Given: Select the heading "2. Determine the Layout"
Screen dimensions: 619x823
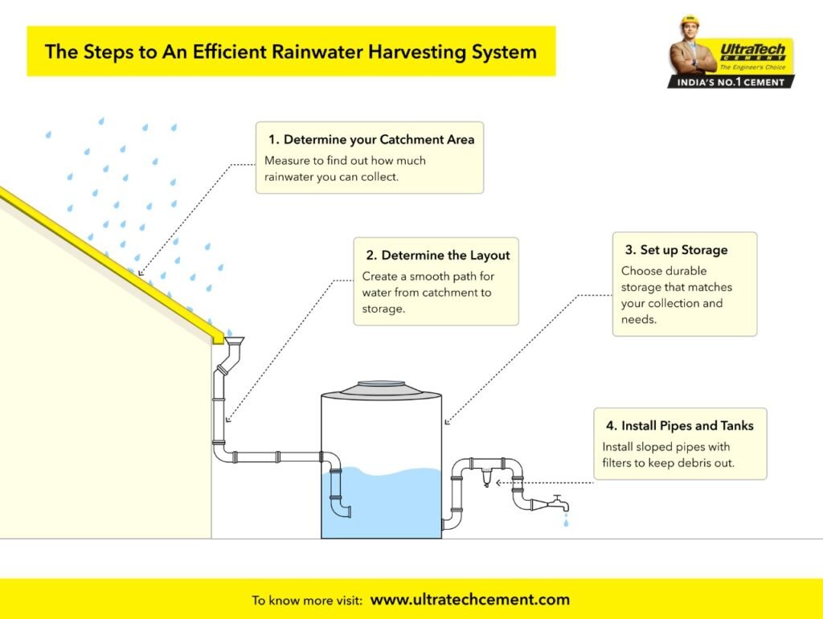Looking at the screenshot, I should coord(437,256).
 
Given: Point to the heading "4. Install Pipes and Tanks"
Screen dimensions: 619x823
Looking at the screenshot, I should coord(679,425).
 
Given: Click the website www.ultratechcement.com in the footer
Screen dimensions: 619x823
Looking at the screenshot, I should coord(470,600).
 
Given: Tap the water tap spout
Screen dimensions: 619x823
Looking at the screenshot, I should coord(558,505).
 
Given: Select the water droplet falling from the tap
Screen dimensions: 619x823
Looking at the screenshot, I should coord(566,523).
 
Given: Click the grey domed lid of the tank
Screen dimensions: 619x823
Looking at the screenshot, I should coord(381,388).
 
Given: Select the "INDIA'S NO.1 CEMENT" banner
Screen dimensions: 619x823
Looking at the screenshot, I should coord(731,82).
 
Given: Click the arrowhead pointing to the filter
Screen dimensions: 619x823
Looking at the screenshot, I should coord(499,483).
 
